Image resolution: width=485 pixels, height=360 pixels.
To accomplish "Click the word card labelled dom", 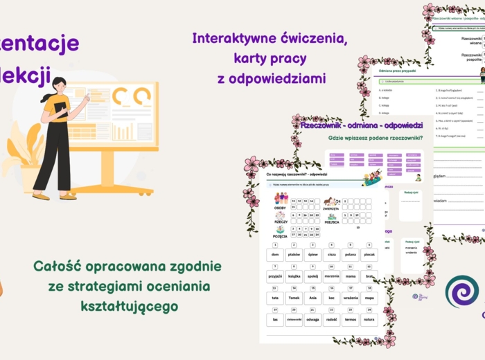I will pos(274,255).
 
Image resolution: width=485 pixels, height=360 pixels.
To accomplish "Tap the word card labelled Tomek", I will pos(293,298).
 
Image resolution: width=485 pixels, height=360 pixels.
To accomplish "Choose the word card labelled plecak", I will pos(369,255).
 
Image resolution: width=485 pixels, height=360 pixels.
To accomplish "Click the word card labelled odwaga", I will pos(312,320).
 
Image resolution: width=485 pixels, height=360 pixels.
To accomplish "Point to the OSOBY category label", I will pos(279,208).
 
